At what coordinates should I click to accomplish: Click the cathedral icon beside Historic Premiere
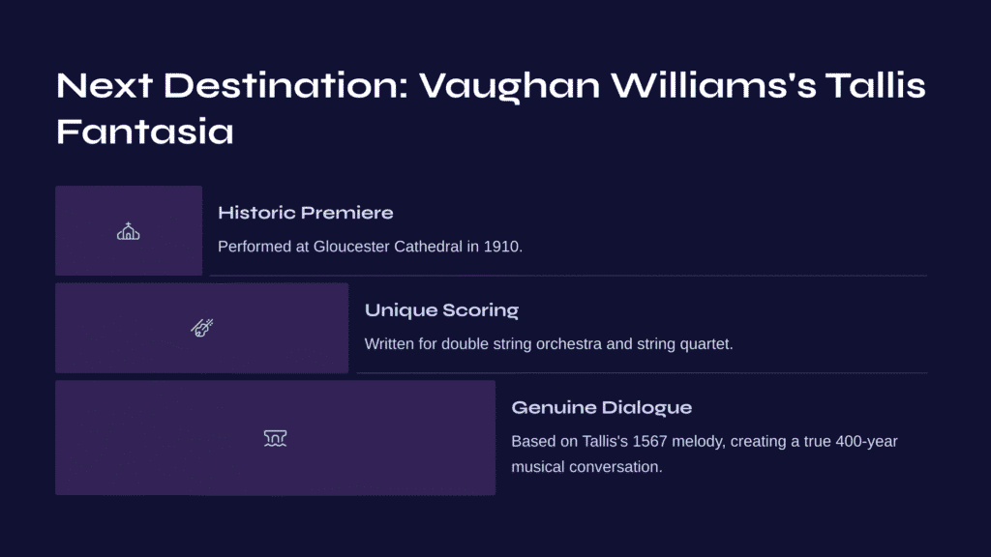(129, 231)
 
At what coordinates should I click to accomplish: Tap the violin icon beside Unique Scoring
(202, 328)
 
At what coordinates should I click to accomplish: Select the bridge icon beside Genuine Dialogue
(275, 438)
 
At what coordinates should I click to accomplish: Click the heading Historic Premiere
(305, 213)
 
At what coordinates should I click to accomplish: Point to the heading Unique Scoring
(441, 310)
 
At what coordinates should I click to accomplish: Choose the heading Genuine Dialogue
(602, 407)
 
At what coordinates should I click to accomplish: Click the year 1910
(502, 247)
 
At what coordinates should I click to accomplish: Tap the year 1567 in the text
(649, 441)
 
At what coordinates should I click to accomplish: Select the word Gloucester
(351, 247)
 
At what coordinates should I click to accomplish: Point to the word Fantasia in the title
(145, 132)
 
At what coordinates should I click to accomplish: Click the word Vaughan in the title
(509, 86)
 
